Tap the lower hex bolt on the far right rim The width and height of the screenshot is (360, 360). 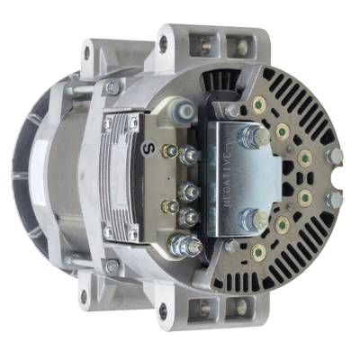click(331, 201)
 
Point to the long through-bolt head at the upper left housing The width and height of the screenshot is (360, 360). click(112, 88)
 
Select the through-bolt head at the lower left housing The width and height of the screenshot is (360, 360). click(112, 266)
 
